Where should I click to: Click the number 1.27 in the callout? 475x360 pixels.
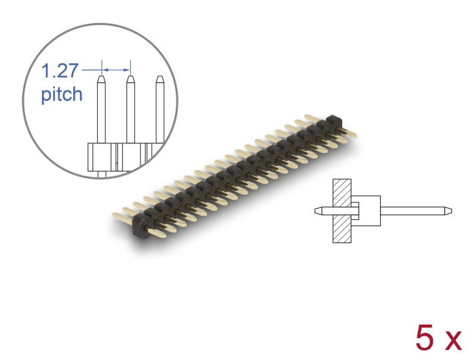click(x=60, y=71)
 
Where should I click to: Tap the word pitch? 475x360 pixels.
click(x=62, y=94)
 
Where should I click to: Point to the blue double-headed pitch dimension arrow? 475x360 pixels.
click(x=115, y=69)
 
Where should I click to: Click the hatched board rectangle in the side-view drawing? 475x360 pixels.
click(x=341, y=211)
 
